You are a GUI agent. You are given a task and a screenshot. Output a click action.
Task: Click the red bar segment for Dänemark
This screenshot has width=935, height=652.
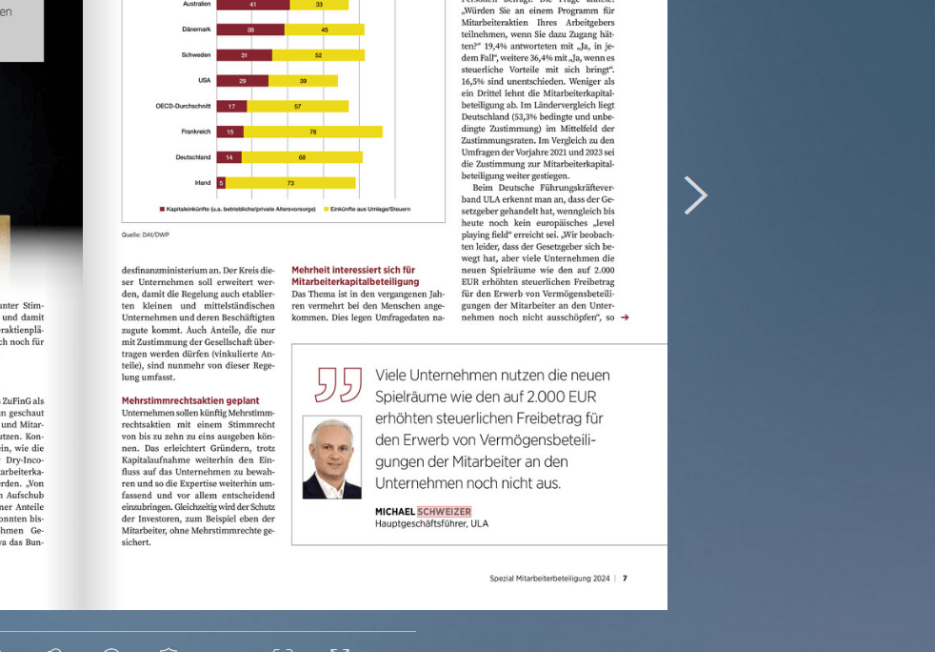pyautogui.click(x=250, y=30)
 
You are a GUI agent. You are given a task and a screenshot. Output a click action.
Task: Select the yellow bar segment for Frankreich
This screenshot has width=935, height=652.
pyautogui.click(x=312, y=132)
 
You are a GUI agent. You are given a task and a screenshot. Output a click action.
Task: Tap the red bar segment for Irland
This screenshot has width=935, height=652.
pyautogui.click(x=221, y=182)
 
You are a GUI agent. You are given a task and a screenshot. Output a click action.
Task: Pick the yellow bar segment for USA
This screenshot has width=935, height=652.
pyautogui.click(x=303, y=81)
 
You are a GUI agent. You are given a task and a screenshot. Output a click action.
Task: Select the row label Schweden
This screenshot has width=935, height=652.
pyautogui.click(x=196, y=55)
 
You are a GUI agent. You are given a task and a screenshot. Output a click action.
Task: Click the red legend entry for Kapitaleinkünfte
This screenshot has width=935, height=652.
pyautogui.click(x=239, y=208)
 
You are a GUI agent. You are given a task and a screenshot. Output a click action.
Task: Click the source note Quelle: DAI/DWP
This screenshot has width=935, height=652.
pyautogui.click(x=145, y=234)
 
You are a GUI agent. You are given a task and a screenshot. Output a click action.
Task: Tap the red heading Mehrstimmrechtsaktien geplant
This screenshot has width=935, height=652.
pyautogui.click(x=190, y=401)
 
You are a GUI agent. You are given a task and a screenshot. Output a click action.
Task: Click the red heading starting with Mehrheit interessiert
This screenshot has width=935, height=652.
pyautogui.click(x=354, y=275)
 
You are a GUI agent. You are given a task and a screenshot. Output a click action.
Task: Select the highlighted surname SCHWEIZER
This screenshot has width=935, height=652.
pyautogui.click(x=444, y=512)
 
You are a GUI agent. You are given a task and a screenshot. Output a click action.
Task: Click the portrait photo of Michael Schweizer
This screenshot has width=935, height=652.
pyautogui.click(x=332, y=457)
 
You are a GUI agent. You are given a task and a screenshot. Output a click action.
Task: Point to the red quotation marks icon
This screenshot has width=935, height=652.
pyautogui.click(x=338, y=384)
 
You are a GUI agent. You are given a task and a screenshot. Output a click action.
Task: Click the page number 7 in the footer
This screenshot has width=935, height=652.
pyautogui.click(x=625, y=578)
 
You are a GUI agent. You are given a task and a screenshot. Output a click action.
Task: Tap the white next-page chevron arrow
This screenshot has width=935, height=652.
pyautogui.click(x=696, y=195)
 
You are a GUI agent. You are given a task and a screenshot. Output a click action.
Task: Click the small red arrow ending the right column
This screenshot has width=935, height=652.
pyautogui.click(x=625, y=317)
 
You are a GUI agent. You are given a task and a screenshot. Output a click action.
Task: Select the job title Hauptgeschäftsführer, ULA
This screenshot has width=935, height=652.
pyautogui.click(x=431, y=524)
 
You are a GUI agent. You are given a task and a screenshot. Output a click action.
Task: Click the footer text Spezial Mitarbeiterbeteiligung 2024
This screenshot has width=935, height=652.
pyautogui.click(x=549, y=578)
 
